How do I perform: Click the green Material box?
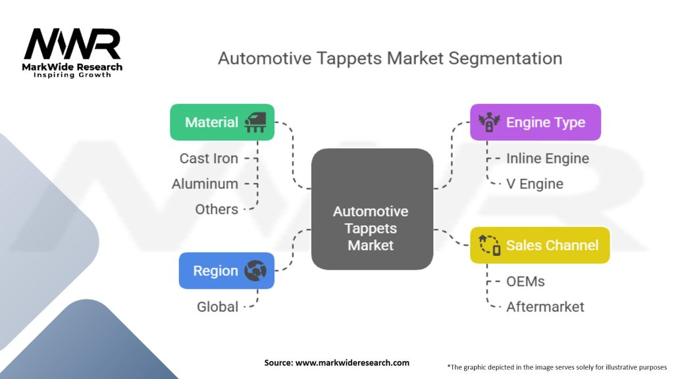[222, 122]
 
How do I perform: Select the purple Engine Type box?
[535, 122]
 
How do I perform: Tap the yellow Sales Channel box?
[540, 245]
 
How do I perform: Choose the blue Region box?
[226, 270]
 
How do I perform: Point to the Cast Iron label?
[209, 159]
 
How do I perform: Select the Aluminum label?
[205, 184]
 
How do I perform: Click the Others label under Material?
[217, 209]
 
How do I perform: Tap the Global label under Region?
[217, 307]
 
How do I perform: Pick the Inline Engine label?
[548, 159]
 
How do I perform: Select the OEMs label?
[525, 282]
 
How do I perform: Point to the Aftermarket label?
[545, 307]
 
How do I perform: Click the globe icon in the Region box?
[255, 270]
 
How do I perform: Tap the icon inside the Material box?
[255, 122]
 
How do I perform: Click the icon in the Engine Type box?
[489, 122]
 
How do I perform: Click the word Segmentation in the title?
[505, 58]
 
